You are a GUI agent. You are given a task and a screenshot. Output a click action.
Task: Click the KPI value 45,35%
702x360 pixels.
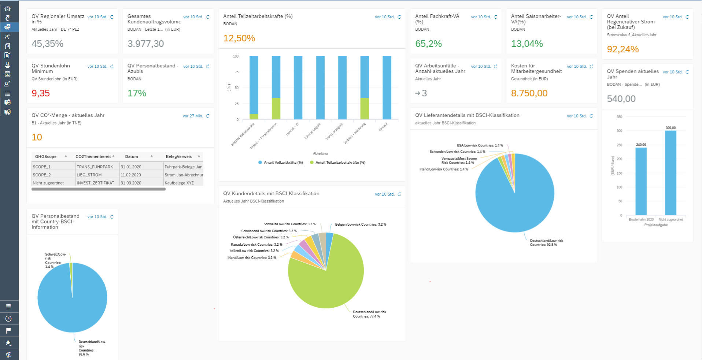(x=48, y=44)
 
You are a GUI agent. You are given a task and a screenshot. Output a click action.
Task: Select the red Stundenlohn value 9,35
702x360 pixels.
(x=41, y=93)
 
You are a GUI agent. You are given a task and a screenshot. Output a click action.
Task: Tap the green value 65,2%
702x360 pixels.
(x=428, y=44)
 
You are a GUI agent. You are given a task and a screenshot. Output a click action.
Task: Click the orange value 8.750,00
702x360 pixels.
(x=529, y=93)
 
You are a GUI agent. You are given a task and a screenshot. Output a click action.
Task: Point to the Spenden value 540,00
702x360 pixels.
(x=621, y=99)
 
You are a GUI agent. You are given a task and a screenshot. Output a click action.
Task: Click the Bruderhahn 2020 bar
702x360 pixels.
(x=641, y=181)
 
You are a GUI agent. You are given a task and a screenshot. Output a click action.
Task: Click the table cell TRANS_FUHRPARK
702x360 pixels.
(x=95, y=167)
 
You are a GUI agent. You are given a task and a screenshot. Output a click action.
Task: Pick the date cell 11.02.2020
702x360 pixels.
(x=131, y=175)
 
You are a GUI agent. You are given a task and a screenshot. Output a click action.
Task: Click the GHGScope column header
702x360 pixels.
(x=46, y=157)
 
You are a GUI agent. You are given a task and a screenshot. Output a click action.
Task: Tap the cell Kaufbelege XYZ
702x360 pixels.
(x=179, y=183)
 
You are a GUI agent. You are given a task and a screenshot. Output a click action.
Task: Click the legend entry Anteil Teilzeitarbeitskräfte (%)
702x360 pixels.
(x=340, y=163)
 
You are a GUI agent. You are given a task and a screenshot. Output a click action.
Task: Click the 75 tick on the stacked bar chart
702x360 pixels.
(x=236, y=72)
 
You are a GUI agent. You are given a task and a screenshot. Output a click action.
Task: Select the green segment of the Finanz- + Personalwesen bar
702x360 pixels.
(x=276, y=109)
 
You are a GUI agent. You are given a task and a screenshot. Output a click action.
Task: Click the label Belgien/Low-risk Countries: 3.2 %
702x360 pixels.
(x=361, y=224)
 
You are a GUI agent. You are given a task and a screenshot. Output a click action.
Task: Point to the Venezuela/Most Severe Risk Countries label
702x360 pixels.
(x=459, y=161)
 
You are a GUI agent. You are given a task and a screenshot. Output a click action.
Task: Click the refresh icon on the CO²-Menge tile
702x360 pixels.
(x=208, y=116)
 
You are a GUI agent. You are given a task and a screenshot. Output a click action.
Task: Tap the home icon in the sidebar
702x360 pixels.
(x=8, y=8)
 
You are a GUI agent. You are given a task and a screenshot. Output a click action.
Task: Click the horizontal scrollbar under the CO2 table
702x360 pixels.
(x=99, y=189)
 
